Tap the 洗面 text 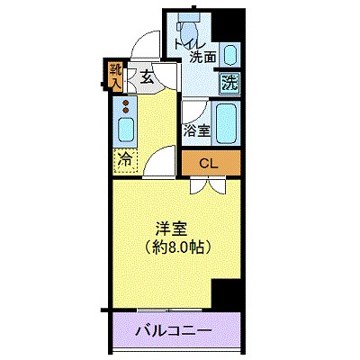pos(202,58)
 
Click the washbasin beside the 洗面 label pos(230,54)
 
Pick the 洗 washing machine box pos(230,84)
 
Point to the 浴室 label pos(198,131)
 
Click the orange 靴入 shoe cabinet pos(116,76)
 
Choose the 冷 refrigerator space pos(125,162)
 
